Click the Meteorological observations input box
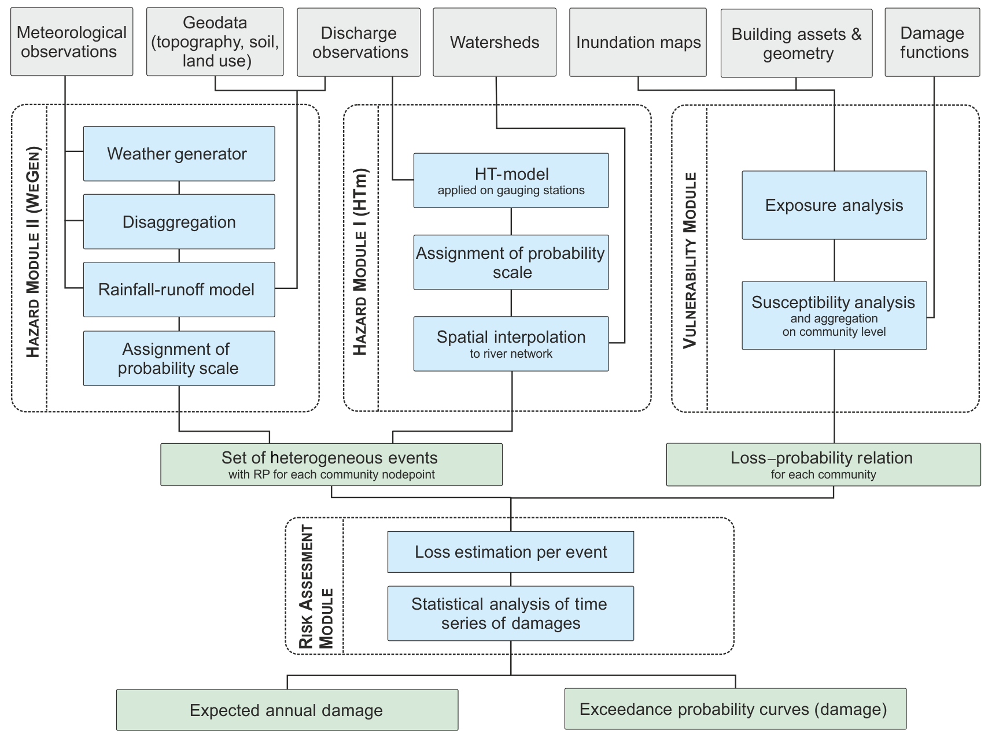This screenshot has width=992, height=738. pyautogui.click(x=72, y=42)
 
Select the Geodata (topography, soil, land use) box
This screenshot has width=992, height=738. pyautogui.click(x=215, y=42)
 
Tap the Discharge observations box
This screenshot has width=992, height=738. pyautogui.click(x=359, y=42)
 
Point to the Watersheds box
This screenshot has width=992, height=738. pyautogui.click(x=495, y=42)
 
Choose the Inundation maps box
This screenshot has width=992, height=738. pyautogui.click(x=638, y=42)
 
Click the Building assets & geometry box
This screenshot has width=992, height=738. pyautogui.click(x=796, y=43)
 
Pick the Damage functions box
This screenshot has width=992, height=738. pyautogui.click(x=932, y=42)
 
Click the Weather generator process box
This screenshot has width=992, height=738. pyautogui.click(x=179, y=154)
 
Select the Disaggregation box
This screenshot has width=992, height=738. pyautogui.click(x=179, y=222)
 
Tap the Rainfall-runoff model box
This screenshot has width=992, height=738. pyautogui.click(x=179, y=290)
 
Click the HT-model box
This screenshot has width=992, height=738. pyautogui.click(x=511, y=180)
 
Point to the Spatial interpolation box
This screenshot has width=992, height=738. pyautogui.click(x=511, y=343)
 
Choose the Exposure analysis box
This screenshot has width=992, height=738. pyautogui.click(x=834, y=205)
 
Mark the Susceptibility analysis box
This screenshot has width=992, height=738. pyautogui.click(x=834, y=316)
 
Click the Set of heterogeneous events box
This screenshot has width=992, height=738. pyautogui.click(x=331, y=465)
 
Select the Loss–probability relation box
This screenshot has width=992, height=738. pyautogui.click(x=823, y=465)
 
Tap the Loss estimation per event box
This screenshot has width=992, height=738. pyautogui.click(x=511, y=552)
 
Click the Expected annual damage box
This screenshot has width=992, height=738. pyautogui.click(x=287, y=710)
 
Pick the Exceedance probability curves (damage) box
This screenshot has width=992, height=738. pyautogui.click(x=735, y=709)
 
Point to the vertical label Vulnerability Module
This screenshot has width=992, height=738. pyautogui.click(x=689, y=260)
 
